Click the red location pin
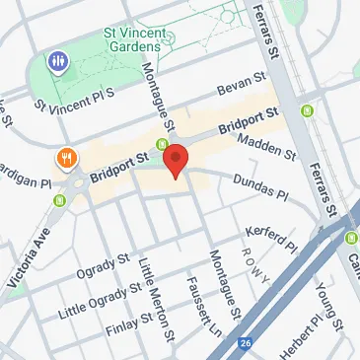pos(176,160)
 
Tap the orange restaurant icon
pos(67,158)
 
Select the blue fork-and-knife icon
pos(58,62)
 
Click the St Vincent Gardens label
pos(133,40)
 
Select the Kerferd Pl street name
pos(267,238)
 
